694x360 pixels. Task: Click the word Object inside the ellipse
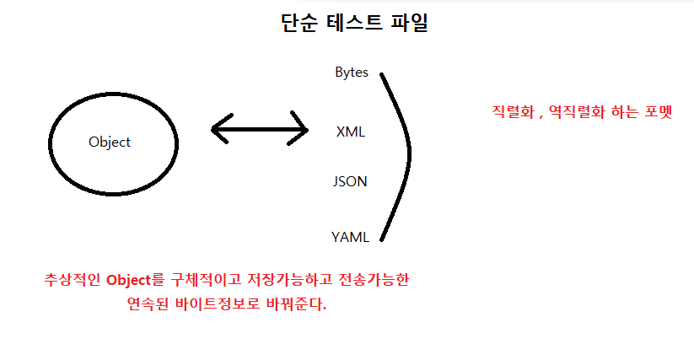[110, 142]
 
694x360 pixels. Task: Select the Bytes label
[352, 73]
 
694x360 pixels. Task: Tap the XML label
[351, 132]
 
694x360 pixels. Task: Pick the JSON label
[350, 181]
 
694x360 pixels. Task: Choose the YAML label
[351, 237]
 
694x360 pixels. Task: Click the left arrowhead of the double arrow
[219, 130]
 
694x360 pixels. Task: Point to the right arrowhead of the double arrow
[299, 130]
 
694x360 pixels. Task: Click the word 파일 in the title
[408, 23]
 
